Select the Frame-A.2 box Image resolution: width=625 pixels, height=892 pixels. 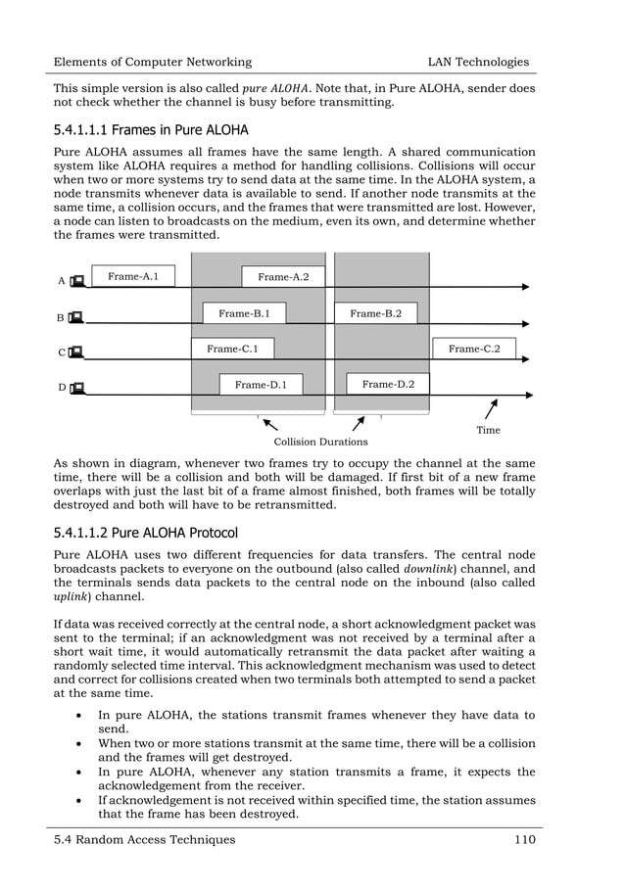[283, 278]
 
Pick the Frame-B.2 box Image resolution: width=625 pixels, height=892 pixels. [376, 313]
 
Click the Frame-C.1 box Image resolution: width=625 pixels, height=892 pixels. [232, 349]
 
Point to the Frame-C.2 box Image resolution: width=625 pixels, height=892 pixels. [473, 349]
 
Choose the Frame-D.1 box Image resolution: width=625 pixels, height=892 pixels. [261, 385]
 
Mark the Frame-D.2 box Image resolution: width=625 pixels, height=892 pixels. [388, 384]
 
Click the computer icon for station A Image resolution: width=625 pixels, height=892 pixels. [77, 281]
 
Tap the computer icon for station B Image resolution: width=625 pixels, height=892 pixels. [76, 317]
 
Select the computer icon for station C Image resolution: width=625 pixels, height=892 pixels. [76, 352]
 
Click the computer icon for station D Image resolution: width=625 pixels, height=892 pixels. [77, 388]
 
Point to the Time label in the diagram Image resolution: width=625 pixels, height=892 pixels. [488, 430]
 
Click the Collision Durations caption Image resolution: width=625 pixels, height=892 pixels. [320, 443]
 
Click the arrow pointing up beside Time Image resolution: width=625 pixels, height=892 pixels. [491, 408]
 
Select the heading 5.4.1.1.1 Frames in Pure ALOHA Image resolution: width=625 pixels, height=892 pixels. [151, 130]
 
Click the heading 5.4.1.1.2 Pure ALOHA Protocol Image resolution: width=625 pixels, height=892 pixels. [146, 533]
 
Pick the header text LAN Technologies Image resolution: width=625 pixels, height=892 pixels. [471, 62]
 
